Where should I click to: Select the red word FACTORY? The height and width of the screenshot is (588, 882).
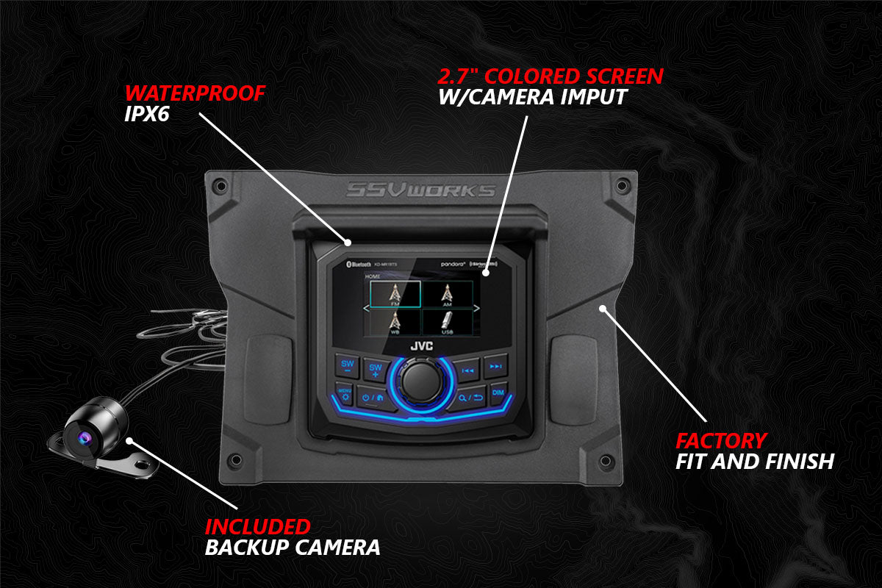720,441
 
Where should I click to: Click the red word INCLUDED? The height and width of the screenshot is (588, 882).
257,527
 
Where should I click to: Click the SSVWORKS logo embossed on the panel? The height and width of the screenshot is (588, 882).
421,191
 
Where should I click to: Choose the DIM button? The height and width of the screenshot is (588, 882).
498,392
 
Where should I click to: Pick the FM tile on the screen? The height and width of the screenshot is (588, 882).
395,294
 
